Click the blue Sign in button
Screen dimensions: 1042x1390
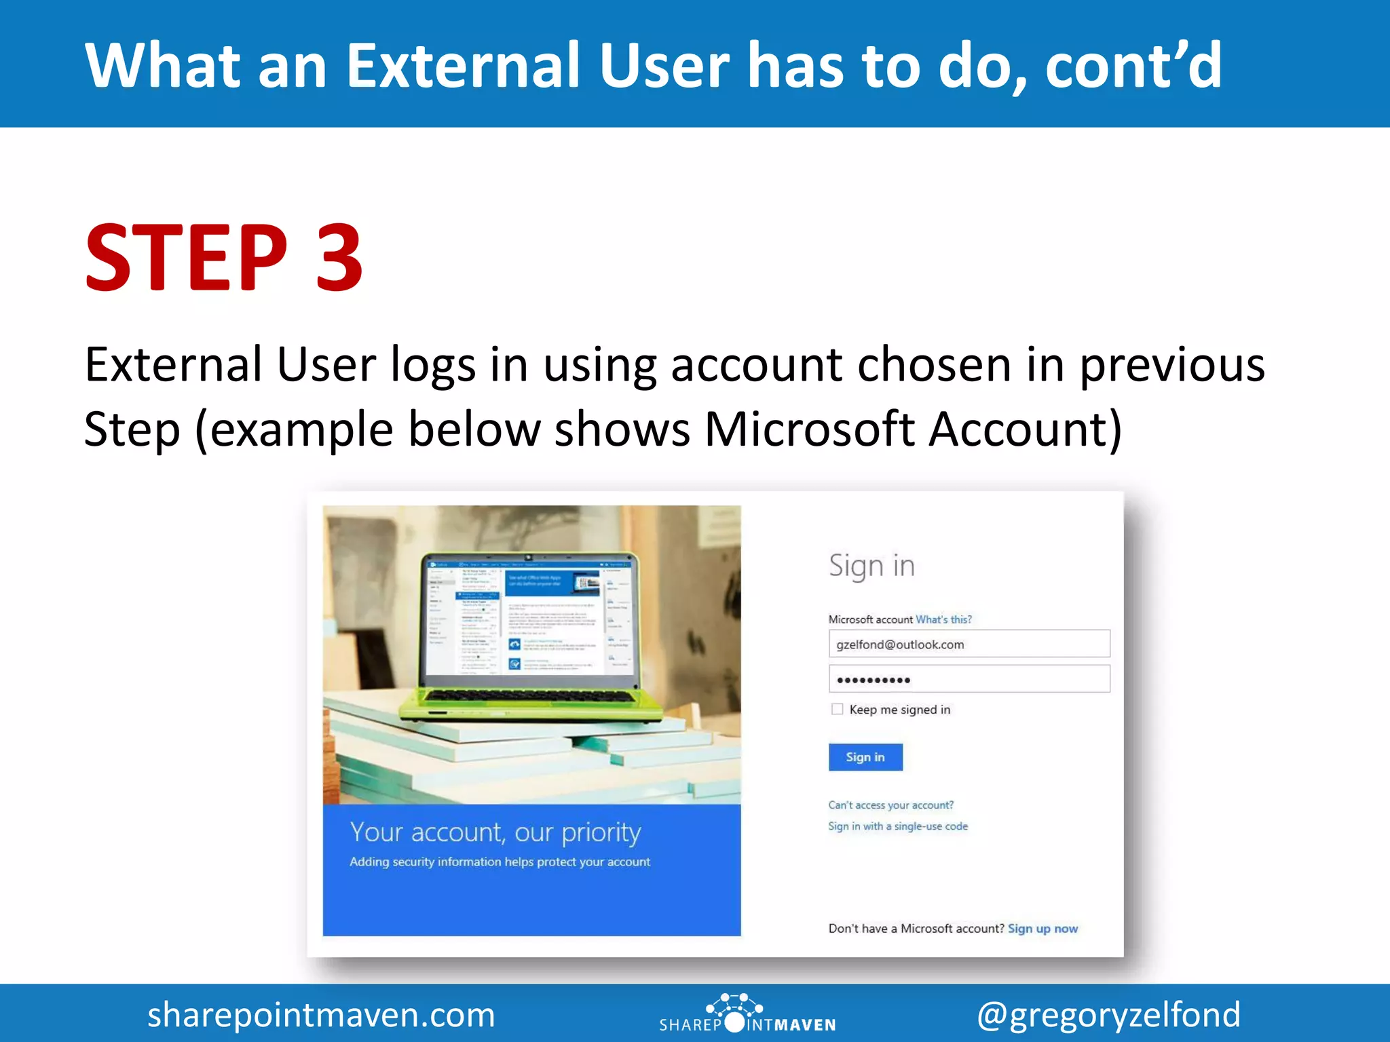tap(865, 757)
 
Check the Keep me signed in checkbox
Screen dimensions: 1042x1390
tap(837, 709)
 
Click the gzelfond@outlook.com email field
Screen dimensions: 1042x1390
tap(969, 644)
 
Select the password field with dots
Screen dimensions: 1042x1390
tap(969, 679)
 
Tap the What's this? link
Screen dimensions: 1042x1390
tap(943, 619)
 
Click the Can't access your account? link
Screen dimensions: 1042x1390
tap(890, 805)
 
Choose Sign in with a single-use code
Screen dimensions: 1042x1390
tap(897, 826)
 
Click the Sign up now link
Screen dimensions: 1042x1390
tap(1042, 929)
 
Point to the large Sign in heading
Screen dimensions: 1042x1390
tap(871, 566)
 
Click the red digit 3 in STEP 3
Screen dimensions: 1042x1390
tap(339, 258)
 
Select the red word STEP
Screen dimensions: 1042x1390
tap(187, 258)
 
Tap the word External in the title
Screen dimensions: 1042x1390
tap(468, 66)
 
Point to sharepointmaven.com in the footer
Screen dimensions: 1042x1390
tap(321, 1015)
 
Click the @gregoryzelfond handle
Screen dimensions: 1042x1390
tap(1108, 1015)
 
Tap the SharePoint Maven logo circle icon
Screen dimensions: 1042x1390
tap(734, 1022)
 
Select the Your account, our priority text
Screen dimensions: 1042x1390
tap(495, 832)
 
